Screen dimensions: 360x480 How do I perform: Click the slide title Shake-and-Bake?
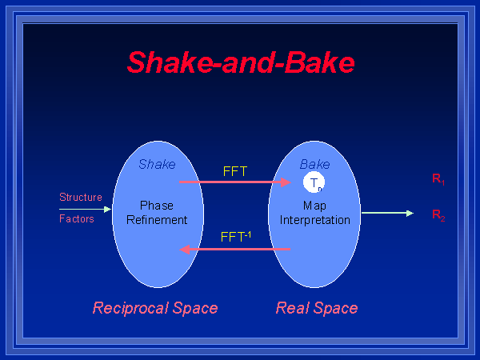[241, 62]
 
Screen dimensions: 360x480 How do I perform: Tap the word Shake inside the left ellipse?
[157, 165]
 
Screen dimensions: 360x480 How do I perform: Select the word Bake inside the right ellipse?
[314, 165]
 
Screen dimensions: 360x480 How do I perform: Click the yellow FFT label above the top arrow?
[236, 170]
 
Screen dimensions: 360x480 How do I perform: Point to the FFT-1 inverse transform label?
[236, 237]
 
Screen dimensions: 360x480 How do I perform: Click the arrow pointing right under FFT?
[235, 182]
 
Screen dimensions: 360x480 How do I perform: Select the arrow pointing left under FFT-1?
[235, 250]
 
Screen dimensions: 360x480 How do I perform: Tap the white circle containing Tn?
[314, 183]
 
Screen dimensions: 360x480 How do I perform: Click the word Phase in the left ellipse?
[156, 206]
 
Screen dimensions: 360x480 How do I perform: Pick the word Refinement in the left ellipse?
[157, 219]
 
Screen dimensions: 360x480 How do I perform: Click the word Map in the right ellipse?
[314, 206]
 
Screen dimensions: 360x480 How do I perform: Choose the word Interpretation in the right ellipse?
[314, 219]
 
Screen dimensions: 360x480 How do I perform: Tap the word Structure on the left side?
[81, 197]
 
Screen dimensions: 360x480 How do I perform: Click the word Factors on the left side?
[77, 218]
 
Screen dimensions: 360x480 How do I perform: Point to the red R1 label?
[438, 180]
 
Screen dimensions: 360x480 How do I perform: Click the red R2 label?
[438, 214]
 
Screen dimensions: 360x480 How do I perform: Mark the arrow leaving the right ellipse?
[387, 213]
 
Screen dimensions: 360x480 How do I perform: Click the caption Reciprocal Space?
[155, 308]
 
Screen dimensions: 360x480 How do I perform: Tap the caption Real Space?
[317, 308]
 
